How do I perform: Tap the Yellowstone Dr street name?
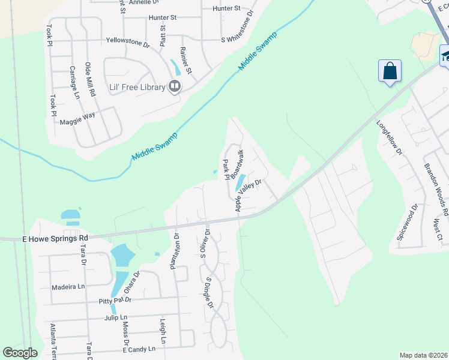click(x=127, y=42)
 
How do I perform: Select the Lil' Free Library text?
click(x=137, y=87)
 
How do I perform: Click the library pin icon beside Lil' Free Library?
click(x=175, y=87)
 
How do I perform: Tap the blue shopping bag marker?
click(x=390, y=71)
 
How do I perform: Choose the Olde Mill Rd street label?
click(x=90, y=79)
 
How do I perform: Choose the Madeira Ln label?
click(x=68, y=287)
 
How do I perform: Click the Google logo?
click(x=20, y=353)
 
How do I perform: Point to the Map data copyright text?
click(x=423, y=355)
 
